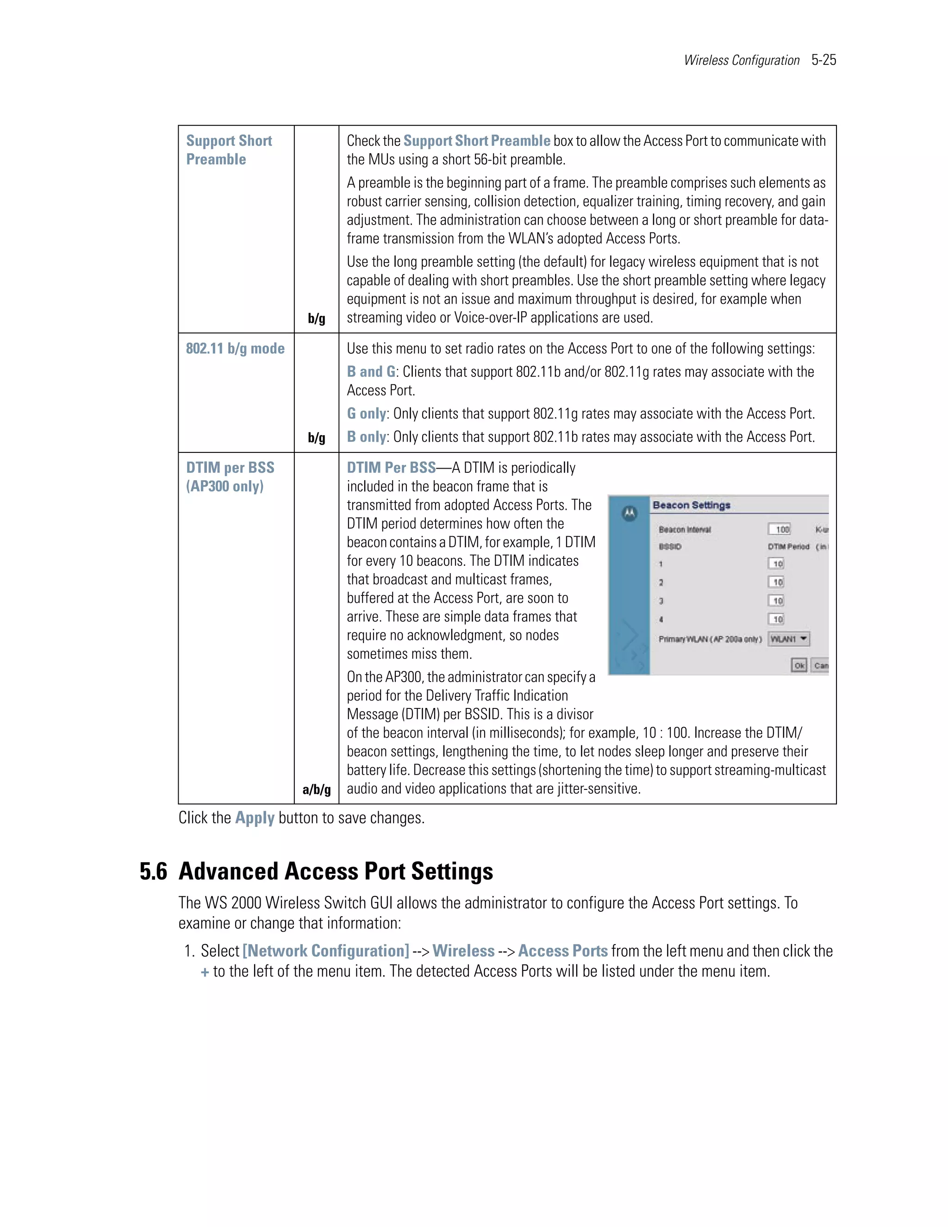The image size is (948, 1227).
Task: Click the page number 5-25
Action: [823, 60]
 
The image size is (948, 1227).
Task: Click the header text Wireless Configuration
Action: [742, 60]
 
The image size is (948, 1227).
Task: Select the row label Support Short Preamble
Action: [229, 150]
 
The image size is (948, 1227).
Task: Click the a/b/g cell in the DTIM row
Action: [316, 789]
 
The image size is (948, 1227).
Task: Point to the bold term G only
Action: [366, 413]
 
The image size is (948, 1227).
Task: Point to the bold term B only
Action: [366, 437]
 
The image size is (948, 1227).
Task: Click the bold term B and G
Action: [371, 371]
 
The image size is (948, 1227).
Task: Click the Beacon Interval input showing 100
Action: [779, 529]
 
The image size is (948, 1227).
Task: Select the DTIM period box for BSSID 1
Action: [776, 563]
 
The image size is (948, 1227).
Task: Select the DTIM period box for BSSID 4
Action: [776, 619]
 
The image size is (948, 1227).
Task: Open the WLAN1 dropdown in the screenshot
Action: [788, 639]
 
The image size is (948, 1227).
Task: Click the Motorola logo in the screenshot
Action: [630, 513]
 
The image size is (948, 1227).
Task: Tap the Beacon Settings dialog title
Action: [692, 505]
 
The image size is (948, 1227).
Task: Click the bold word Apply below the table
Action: [255, 818]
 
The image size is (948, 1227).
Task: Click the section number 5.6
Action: [153, 871]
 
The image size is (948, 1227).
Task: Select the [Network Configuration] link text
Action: [326, 951]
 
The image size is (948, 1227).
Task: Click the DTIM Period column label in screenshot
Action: [788, 547]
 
